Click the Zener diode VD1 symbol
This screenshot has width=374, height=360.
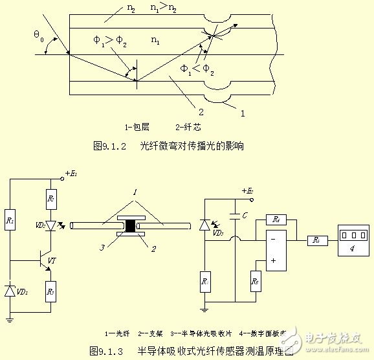(x=10, y=292)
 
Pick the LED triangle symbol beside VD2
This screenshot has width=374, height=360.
(x=50, y=225)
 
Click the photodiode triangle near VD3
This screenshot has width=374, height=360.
(x=205, y=225)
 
